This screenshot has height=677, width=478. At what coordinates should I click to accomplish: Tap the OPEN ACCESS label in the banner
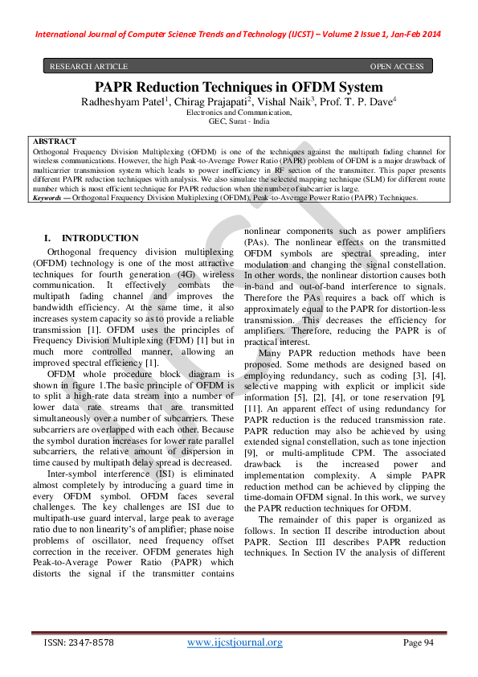point(396,66)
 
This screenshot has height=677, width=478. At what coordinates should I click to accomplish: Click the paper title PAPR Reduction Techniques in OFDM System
point(239,87)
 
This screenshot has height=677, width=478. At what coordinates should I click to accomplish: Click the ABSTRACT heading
point(55,142)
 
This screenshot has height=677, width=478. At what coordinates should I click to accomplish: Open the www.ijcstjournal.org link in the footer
point(235,642)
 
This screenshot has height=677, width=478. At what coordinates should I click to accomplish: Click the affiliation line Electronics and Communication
point(239,113)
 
